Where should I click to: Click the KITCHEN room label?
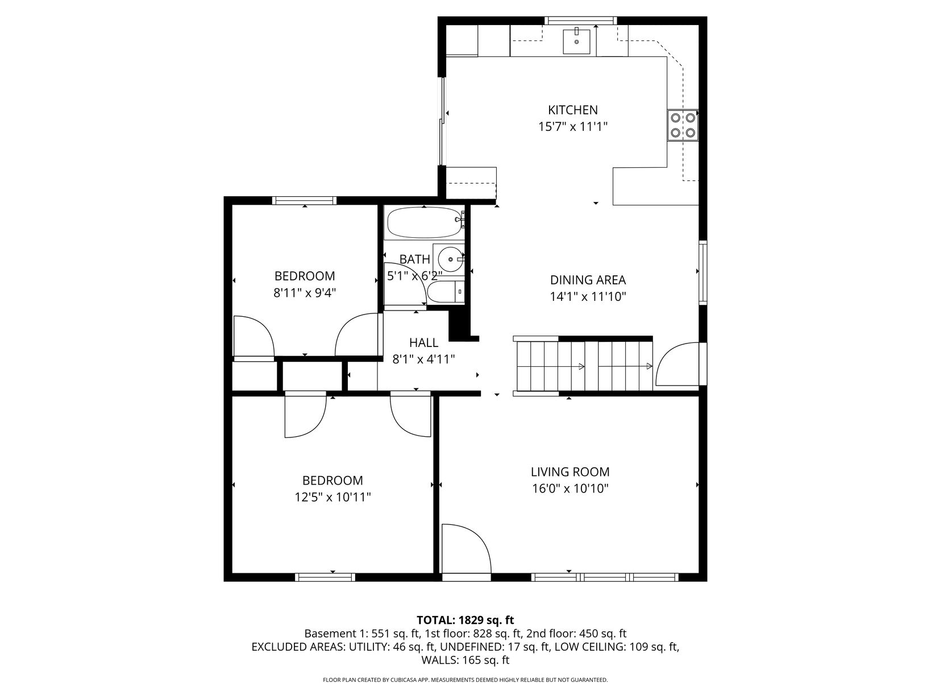[572, 110]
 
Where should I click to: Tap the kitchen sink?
[576, 42]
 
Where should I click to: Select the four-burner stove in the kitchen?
[683, 125]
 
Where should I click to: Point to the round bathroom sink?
[450, 258]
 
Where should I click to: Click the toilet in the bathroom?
[446, 292]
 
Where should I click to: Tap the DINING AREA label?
[588, 280]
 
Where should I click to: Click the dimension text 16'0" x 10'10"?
[571, 489]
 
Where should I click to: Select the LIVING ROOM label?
[570, 472]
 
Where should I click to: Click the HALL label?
[423, 342]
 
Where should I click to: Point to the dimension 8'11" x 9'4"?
[305, 293]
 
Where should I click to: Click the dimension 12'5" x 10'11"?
[332, 497]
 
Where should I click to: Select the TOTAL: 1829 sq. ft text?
[465, 620]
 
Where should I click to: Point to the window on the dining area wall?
[703, 272]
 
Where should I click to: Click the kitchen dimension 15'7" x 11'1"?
[573, 126]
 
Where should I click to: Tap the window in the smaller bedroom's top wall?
[304, 201]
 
